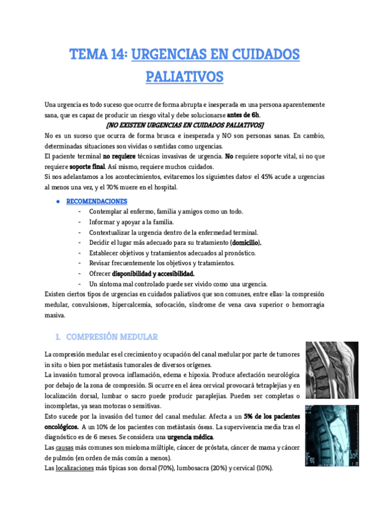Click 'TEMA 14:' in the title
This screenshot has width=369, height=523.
click(98, 55)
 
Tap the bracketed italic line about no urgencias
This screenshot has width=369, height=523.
click(185, 125)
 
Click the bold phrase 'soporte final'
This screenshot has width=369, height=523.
click(87, 167)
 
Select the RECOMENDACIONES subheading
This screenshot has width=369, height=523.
click(97, 202)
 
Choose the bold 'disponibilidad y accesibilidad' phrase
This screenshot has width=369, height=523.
click(153, 274)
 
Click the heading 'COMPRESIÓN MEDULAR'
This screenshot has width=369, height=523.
click(112, 337)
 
